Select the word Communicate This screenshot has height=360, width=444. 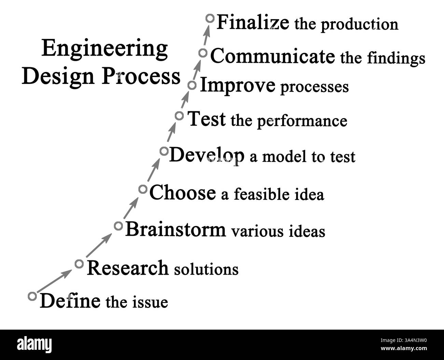coord(272,56)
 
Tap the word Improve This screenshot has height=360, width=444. coord(237,86)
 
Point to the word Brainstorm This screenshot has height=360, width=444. coord(176,229)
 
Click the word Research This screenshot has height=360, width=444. coord(128,268)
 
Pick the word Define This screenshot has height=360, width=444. coord(70,301)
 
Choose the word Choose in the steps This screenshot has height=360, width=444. coord(183,193)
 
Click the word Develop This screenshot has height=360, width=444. coord(207,156)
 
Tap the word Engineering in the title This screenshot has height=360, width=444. coord(105,49)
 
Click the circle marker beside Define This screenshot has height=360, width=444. coord(32,296)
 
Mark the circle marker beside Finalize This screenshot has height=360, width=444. coord(210,18)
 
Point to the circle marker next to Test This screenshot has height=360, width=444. coord(179,116)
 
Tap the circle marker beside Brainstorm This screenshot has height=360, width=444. coord(118,226)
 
